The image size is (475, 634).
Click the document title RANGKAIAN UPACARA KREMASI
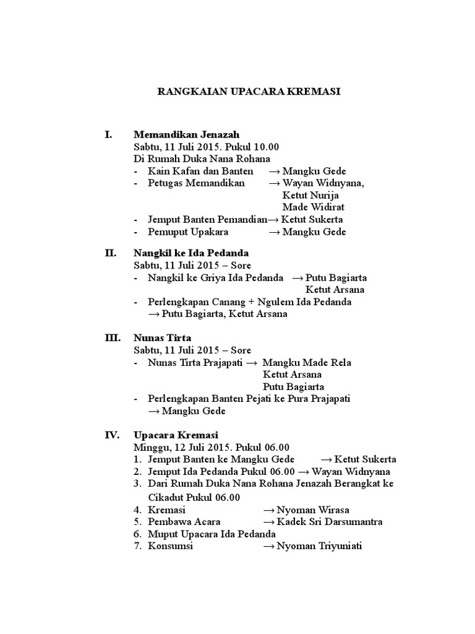pyautogui.click(x=249, y=92)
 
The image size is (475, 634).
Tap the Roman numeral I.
pyautogui.click(x=109, y=134)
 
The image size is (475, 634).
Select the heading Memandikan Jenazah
pyautogui.click(x=186, y=134)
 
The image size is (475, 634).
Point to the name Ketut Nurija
pyautogui.click(x=310, y=196)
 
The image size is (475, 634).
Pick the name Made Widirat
pyautogui.click(x=314, y=207)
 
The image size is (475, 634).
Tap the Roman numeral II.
pyautogui.click(x=110, y=253)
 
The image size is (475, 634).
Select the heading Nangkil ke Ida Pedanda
pyautogui.click(x=191, y=253)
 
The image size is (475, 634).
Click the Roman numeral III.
pyautogui.click(x=112, y=338)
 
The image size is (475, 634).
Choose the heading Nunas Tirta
pyautogui.click(x=163, y=338)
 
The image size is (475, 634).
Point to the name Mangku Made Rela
pyautogui.click(x=307, y=362)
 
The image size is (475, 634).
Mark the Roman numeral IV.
pyautogui.click(x=111, y=435)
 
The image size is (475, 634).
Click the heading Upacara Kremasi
pyautogui.click(x=176, y=435)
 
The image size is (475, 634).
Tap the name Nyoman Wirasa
pyautogui.click(x=313, y=510)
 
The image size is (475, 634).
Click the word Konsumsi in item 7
pyautogui.click(x=171, y=547)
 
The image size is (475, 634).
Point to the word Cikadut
pyautogui.click(x=168, y=498)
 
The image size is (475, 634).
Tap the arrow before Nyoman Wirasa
pyautogui.click(x=269, y=510)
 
